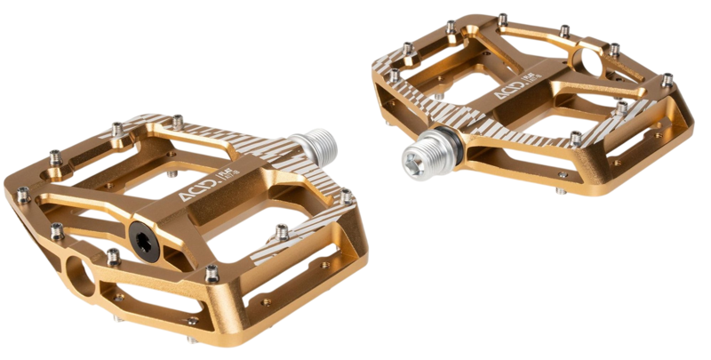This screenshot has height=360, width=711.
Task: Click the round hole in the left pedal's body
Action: (78, 276)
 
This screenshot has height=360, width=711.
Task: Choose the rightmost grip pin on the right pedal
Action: (666, 80)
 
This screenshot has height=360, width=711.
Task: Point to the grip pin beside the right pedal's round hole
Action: (614, 49)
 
